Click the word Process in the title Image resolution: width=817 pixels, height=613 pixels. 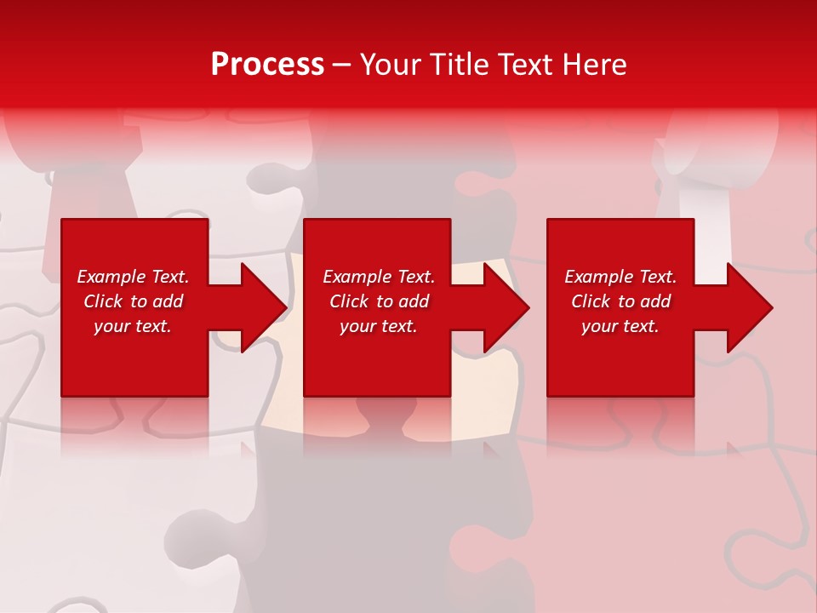tap(267, 65)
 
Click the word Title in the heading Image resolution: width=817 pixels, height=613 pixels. tap(456, 65)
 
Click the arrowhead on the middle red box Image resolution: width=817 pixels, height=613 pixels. tap(500, 307)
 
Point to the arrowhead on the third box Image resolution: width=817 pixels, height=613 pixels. tap(744, 307)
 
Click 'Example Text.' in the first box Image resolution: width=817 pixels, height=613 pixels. tap(133, 277)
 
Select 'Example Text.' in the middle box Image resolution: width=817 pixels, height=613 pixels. tap(379, 277)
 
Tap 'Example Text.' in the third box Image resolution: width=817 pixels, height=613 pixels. tap(620, 277)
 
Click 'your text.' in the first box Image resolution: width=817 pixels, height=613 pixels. tap(133, 326)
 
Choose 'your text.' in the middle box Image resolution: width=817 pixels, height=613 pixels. tap(379, 326)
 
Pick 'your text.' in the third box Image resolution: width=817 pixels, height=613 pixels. tap(620, 326)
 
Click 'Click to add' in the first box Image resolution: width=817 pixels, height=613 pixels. tap(133, 301)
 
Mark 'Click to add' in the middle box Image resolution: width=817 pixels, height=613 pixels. tap(379, 301)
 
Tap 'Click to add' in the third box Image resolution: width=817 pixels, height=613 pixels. tap(620, 301)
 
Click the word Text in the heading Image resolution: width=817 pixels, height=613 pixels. tap(522, 65)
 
